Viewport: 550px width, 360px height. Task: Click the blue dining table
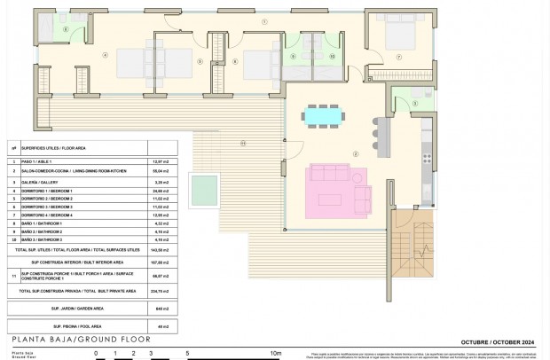click(316, 115)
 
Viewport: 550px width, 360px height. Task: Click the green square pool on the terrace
click(205, 187)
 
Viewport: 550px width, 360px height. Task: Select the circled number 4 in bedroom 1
click(105, 57)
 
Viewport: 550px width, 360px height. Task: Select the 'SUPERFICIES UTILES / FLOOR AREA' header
click(54, 148)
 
